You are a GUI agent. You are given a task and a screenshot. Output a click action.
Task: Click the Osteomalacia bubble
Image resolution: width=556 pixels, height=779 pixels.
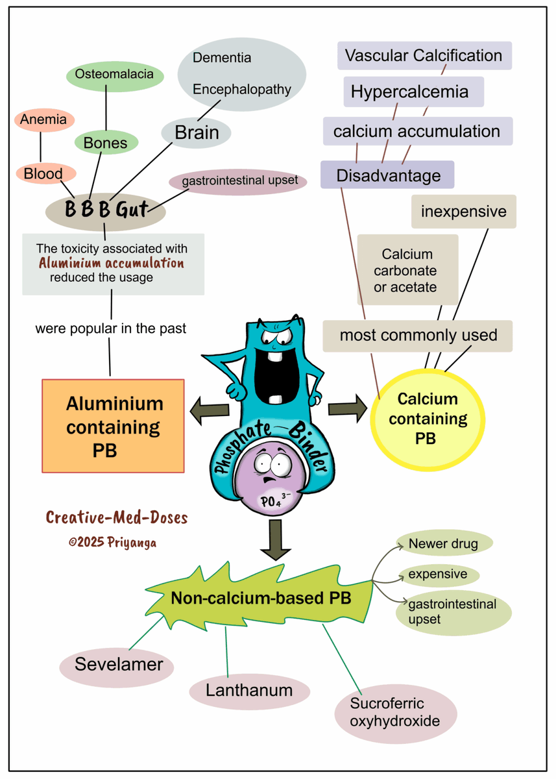(114, 74)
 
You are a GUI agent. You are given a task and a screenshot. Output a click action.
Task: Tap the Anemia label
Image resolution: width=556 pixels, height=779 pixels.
(43, 119)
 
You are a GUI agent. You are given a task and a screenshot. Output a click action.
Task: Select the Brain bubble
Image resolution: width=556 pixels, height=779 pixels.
(197, 132)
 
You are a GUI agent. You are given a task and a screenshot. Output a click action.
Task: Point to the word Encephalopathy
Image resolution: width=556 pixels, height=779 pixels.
(242, 90)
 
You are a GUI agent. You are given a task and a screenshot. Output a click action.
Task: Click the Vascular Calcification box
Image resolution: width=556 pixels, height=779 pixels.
(424, 56)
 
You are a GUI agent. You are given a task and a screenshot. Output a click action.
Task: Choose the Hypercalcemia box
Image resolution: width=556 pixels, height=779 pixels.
(409, 92)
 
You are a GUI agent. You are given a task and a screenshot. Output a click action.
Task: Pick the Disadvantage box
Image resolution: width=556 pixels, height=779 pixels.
(388, 175)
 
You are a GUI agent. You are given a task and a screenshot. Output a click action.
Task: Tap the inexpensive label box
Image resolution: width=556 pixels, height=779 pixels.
(463, 212)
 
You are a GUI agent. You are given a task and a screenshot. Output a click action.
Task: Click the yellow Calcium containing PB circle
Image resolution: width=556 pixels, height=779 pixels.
(428, 419)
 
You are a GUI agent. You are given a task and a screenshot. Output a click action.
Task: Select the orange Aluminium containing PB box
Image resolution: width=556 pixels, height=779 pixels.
(114, 426)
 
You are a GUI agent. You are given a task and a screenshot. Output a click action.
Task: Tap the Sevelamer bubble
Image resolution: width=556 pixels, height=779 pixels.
(117, 664)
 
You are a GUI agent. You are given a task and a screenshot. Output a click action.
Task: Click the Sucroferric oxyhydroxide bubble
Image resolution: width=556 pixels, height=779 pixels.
(395, 713)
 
